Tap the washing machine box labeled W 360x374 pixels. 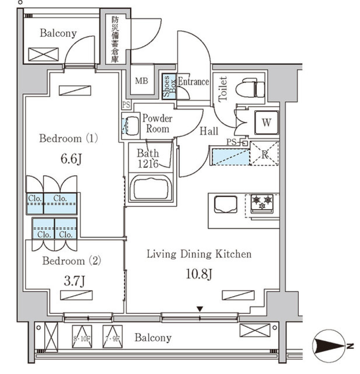pos(266,122)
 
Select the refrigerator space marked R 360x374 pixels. pos(264,153)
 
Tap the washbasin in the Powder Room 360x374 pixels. pos(131,124)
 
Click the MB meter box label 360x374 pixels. pos(141,81)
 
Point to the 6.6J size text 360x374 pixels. pos(71,160)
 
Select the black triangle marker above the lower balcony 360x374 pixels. pos(200,309)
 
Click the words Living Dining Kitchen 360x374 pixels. pos(199,255)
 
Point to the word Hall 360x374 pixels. pos(209,131)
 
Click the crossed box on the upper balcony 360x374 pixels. pos(43,54)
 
